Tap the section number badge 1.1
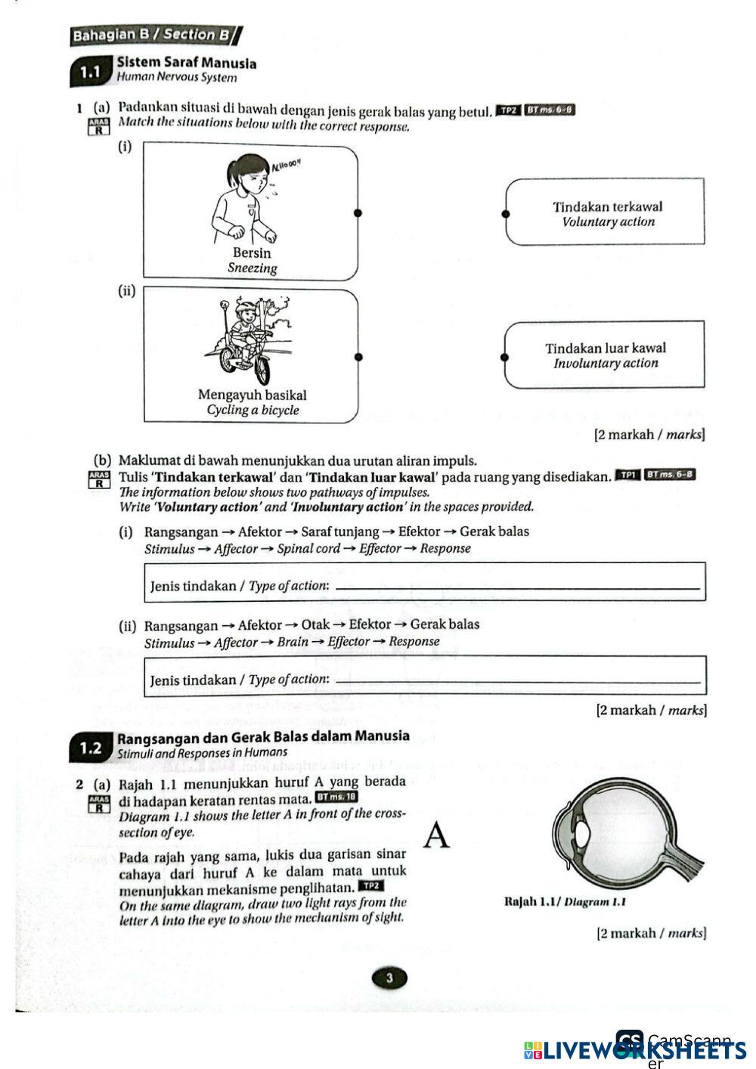[90, 73]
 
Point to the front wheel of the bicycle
[258, 370]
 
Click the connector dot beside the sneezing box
[358, 212]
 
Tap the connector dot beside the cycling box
[358, 357]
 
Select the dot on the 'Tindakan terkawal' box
[506, 213]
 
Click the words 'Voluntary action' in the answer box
[609, 222]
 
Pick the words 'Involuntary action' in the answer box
[606, 364]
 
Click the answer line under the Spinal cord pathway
[516, 589]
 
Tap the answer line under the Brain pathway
[516, 683]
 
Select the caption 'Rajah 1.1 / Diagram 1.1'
[565, 902]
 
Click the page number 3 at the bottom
[389, 978]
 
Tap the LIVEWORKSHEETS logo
[634, 1050]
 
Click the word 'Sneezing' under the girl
[253, 268]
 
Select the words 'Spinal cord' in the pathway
[308, 549]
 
